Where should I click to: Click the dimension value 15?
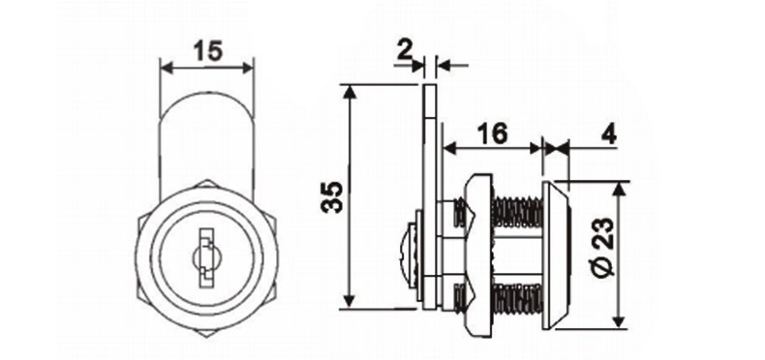[207, 49]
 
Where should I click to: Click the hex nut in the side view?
[476, 254]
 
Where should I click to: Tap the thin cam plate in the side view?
[431, 194]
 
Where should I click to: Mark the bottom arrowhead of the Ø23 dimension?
[621, 323]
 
